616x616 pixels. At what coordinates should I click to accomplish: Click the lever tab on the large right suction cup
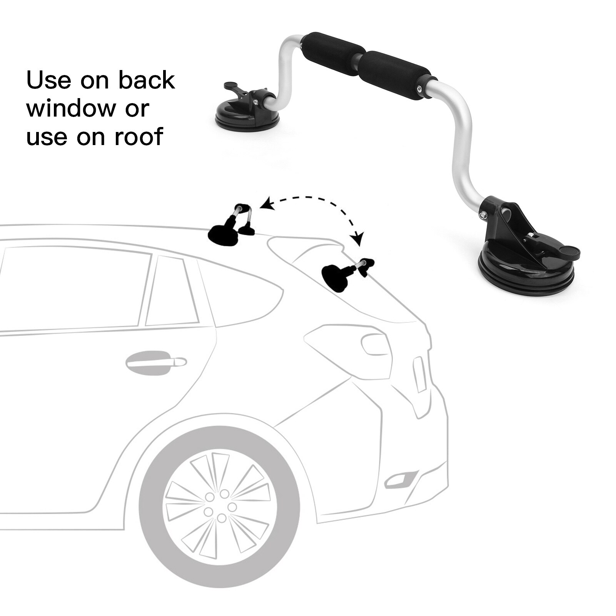[x=566, y=252]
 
